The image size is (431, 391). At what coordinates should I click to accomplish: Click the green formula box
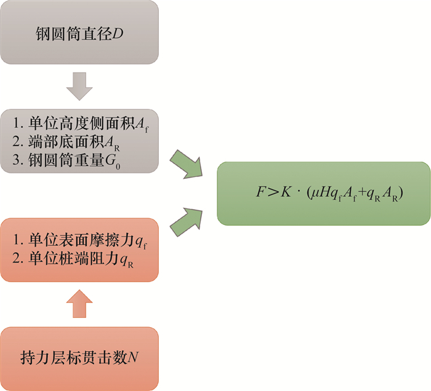click(323, 193)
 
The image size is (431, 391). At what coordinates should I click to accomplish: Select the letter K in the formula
click(289, 194)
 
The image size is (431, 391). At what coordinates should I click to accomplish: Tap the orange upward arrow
click(79, 302)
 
